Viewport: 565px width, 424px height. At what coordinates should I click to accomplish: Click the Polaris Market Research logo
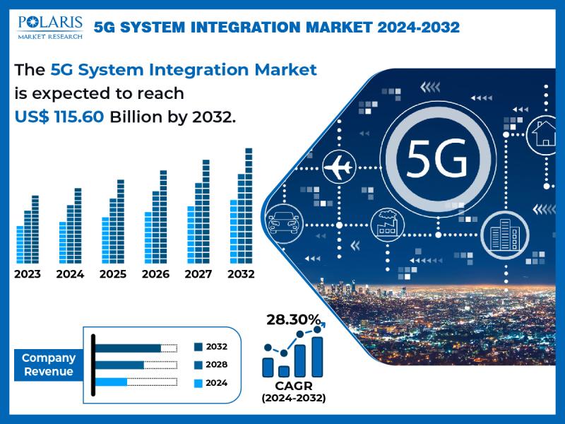(x=50, y=27)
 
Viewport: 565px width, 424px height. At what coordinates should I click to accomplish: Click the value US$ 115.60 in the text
(x=59, y=117)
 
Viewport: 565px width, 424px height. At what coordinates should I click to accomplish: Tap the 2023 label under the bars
(x=28, y=274)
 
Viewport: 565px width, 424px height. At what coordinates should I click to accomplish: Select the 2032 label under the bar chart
(x=241, y=274)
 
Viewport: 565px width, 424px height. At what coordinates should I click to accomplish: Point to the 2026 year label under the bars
(x=155, y=274)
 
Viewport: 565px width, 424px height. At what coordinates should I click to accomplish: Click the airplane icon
(x=338, y=167)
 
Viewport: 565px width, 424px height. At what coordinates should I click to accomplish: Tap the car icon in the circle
(x=284, y=223)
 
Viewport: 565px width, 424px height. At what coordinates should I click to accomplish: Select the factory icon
(x=387, y=225)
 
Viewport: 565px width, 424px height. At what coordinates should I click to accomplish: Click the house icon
(x=544, y=134)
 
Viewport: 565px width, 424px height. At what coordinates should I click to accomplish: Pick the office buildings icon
(x=505, y=235)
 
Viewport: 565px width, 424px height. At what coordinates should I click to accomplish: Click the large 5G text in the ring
(x=437, y=159)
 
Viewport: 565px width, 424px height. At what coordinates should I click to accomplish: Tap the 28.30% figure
(x=294, y=319)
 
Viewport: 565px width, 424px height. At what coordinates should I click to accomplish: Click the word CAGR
(x=294, y=386)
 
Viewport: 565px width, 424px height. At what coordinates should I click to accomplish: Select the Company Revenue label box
(x=49, y=365)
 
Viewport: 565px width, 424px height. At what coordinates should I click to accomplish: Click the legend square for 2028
(x=198, y=365)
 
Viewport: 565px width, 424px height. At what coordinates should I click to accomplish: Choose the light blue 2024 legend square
(x=198, y=383)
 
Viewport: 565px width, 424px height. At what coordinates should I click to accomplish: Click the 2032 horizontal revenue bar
(x=128, y=348)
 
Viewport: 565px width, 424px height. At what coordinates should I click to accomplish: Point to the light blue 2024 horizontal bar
(x=111, y=382)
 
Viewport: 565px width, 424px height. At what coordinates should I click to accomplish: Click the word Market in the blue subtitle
(x=285, y=69)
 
